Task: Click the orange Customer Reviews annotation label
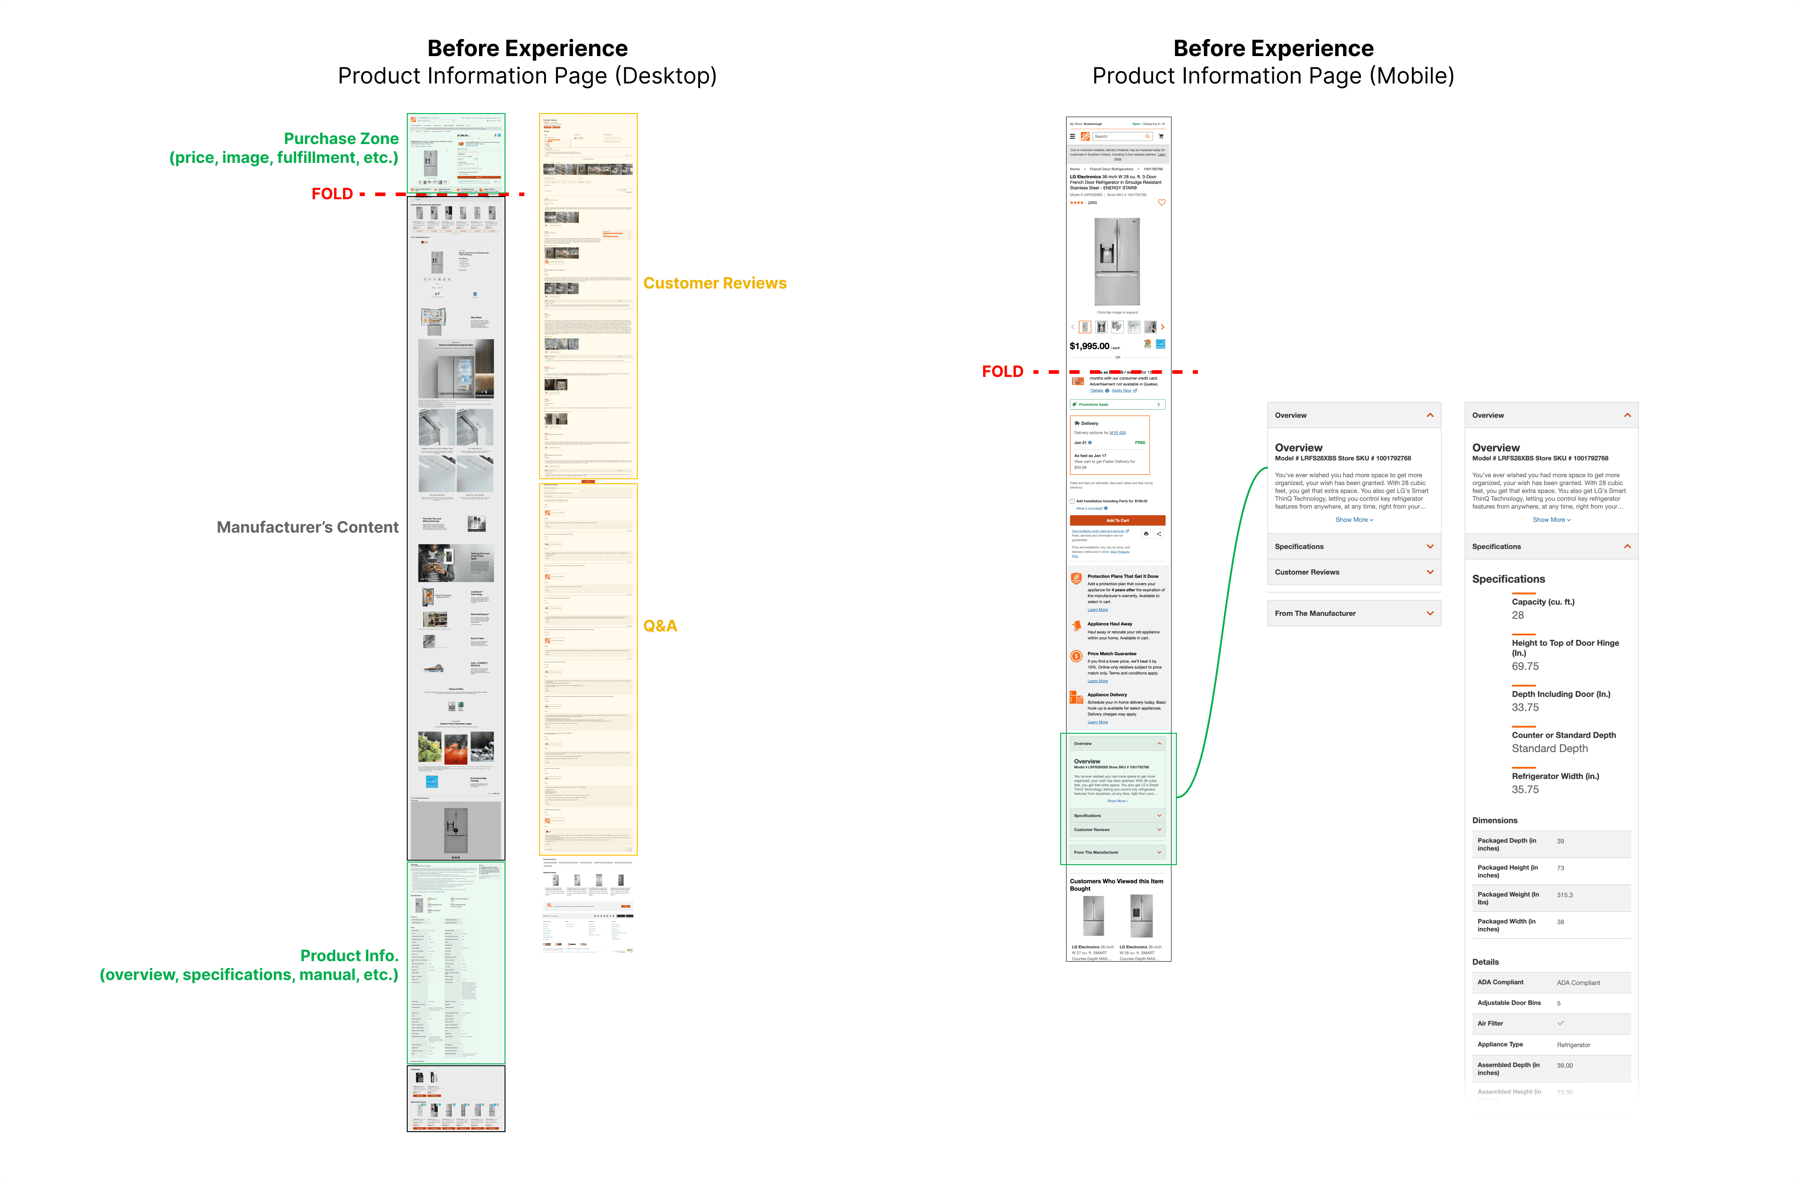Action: pyautogui.click(x=714, y=284)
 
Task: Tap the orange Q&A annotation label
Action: pyautogui.click(x=660, y=626)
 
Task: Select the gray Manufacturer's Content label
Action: pyautogui.click(x=308, y=527)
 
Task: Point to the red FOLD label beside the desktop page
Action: pyautogui.click(x=331, y=194)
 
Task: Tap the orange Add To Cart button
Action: pyautogui.click(x=1117, y=520)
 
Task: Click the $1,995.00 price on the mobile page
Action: pyautogui.click(x=1089, y=346)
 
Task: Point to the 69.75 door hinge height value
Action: pyautogui.click(x=1525, y=666)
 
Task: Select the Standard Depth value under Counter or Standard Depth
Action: pyautogui.click(x=1549, y=749)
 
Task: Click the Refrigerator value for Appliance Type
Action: pyautogui.click(x=1573, y=1045)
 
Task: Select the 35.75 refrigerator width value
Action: pyautogui.click(x=1525, y=789)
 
